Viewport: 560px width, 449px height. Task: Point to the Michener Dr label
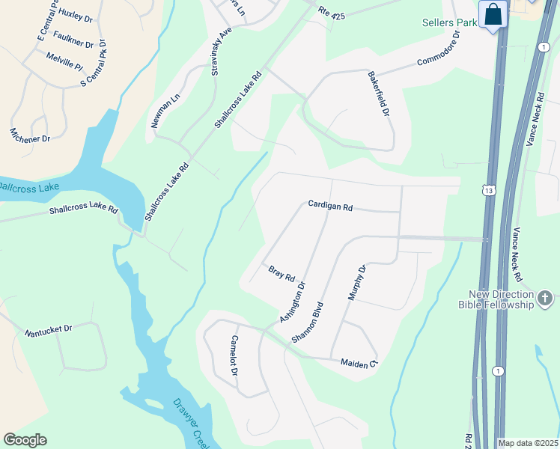pyautogui.click(x=30, y=135)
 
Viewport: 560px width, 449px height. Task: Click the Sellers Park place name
pyautogui.click(x=448, y=23)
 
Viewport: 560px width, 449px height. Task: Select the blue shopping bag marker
pyautogui.click(x=493, y=15)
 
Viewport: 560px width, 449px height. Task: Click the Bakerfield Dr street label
pyautogui.click(x=379, y=94)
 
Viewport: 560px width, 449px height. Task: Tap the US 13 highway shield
pyautogui.click(x=489, y=191)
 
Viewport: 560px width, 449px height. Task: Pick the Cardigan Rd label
pyautogui.click(x=330, y=206)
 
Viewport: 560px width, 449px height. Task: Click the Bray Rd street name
pyautogui.click(x=281, y=273)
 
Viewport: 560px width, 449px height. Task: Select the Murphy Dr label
pyautogui.click(x=356, y=282)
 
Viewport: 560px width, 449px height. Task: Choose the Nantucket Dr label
pyautogui.click(x=48, y=329)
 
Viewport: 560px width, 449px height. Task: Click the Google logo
pyautogui.click(x=25, y=440)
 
